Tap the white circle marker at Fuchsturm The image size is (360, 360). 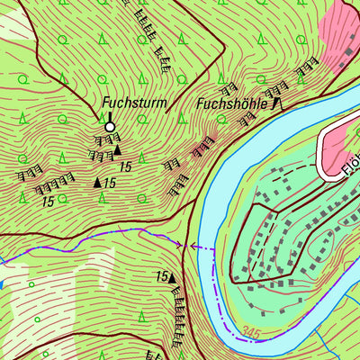[x=110, y=128]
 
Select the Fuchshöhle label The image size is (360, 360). [x=231, y=104]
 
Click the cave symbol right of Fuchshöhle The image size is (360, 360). [x=276, y=104]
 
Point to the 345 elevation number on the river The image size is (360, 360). [x=252, y=335]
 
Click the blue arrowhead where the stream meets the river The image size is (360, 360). [x=193, y=245]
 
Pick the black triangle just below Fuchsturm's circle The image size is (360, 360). [x=117, y=150]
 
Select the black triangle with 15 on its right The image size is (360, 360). [x=98, y=183]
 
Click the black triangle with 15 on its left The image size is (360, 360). [x=173, y=278]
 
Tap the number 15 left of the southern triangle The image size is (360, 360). [x=162, y=276]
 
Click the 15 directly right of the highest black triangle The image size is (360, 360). [x=125, y=167]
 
